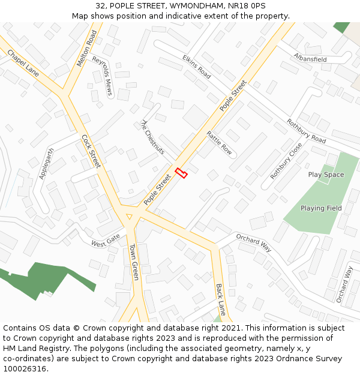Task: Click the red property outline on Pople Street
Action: point(181,173)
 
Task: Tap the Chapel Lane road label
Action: point(23,62)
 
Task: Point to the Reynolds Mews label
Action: point(103,76)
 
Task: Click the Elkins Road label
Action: point(196,67)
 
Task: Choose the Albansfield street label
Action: point(310,58)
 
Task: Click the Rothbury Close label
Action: point(286,160)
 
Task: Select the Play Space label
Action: point(326,175)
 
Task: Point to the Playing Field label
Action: point(321,208)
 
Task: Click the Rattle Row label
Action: point(219,143)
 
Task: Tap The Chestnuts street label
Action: point(152,137)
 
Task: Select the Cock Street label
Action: point(91,151)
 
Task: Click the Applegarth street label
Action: point(46,163)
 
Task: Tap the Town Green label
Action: point(134,262)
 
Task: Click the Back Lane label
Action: point(220,299)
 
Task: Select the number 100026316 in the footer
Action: point(25,369)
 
